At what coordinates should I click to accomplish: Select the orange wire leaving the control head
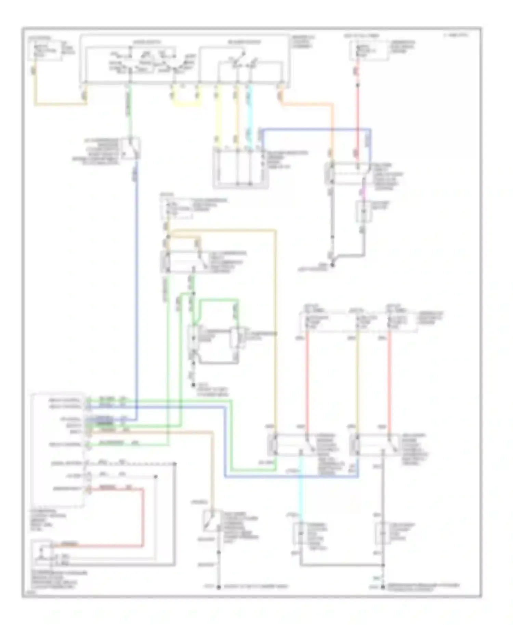[308, 103]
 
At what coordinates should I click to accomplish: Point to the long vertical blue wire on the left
[137, 291]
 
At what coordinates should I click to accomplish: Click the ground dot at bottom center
[219, 587]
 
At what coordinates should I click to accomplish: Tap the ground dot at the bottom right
[383, 587]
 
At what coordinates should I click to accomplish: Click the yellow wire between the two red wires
[357, 383]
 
